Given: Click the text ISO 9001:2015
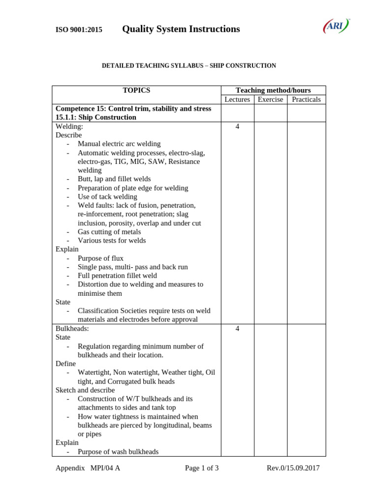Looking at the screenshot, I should (79, 30).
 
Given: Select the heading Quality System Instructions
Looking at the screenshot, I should (181, 29).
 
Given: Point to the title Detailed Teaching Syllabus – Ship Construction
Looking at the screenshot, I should (189, 65).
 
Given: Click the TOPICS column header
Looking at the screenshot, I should (136, 91).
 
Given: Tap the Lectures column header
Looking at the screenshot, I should (237, 99).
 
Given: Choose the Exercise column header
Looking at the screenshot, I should (270, 99).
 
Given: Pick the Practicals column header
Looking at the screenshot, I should (306, 99).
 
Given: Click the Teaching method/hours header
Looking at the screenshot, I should (273, 91).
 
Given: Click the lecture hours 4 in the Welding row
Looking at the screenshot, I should (237, 126).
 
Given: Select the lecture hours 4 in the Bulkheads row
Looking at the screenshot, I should (237, 329).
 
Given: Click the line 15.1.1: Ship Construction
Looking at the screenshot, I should (96, 117).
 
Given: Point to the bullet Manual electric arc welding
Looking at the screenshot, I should (119, 144).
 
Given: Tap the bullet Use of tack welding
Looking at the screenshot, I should (107, 197).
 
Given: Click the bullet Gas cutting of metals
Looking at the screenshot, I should (109, 232).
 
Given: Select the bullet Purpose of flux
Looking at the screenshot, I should (100, 258).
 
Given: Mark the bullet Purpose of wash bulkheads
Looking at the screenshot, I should (118, 451).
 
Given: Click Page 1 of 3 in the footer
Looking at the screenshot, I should (202, 468).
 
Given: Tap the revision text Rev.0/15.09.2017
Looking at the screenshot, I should (293, 468).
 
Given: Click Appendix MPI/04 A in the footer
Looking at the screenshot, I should (88, 468).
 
